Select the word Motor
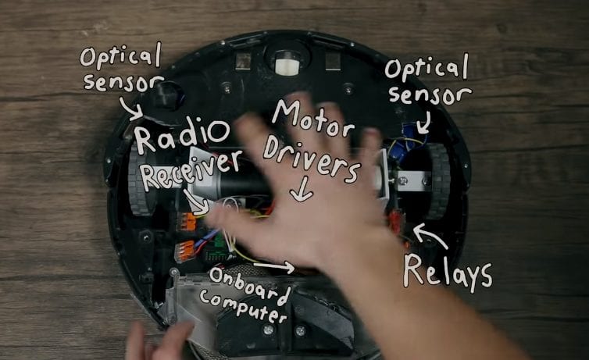tap(313, 116)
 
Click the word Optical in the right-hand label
tap(427, 68)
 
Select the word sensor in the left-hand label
tap(123, 84)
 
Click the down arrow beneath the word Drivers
tap(302, 189)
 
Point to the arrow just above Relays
tap(430, 235)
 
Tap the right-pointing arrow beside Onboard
tap(274, 266)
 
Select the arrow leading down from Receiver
tap(196, 203)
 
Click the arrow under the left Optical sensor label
tap(130, 109)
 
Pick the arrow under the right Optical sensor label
tap(424, 123)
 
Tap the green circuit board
tap(217, 251)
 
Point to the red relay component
tap(395, 223)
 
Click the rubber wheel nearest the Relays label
tap(438, 181)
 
